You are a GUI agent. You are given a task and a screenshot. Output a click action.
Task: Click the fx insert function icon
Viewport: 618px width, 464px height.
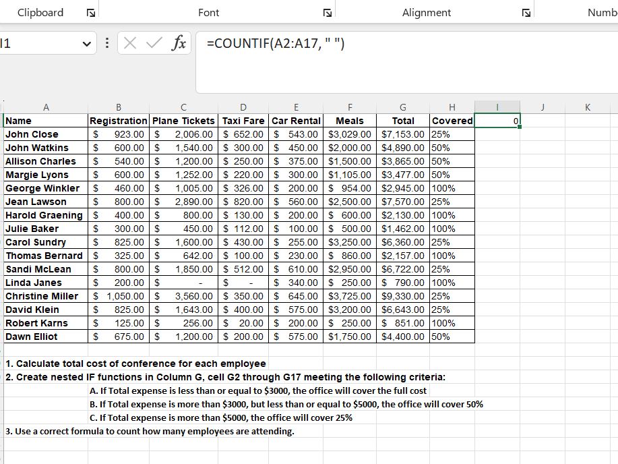click(x=179, y=44)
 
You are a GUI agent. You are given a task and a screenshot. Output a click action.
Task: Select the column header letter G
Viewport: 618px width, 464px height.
click(x=403, y=107)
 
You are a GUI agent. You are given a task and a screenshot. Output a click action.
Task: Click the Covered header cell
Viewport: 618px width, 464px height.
click(x=452, y=121)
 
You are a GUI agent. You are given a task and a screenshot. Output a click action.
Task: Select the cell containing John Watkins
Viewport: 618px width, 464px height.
click(x=37, y=148)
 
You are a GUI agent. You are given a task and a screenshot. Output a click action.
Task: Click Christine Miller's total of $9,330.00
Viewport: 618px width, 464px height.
click(x=403, y=296)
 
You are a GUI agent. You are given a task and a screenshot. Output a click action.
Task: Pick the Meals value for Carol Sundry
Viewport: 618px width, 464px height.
click(x=349, y=242)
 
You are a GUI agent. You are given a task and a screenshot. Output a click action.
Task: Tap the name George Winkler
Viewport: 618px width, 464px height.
click(x=42, y=188)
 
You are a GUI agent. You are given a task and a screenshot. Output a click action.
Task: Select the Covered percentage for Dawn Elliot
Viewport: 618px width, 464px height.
click(x=441, y=337)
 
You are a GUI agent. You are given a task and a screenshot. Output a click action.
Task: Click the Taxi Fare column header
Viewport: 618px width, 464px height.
click(x=243, y=121)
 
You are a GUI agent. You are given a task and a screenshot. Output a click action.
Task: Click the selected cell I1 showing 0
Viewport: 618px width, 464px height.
click(x=497, y=121)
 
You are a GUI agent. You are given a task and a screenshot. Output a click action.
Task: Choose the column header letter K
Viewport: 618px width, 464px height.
click(x=588, y=107)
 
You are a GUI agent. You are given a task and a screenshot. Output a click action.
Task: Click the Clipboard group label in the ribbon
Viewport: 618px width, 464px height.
click(x=40, y=13)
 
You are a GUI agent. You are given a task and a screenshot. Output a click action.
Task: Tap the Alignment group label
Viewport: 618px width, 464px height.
click(x=427, y=13)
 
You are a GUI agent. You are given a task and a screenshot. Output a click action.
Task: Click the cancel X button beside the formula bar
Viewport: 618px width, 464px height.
click(x=131, y=44)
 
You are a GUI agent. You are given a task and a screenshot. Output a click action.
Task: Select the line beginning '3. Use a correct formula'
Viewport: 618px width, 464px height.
click(x=150, y=431)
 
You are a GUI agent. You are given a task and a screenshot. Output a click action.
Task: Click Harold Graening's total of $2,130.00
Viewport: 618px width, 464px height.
click(x=403, y=215)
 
